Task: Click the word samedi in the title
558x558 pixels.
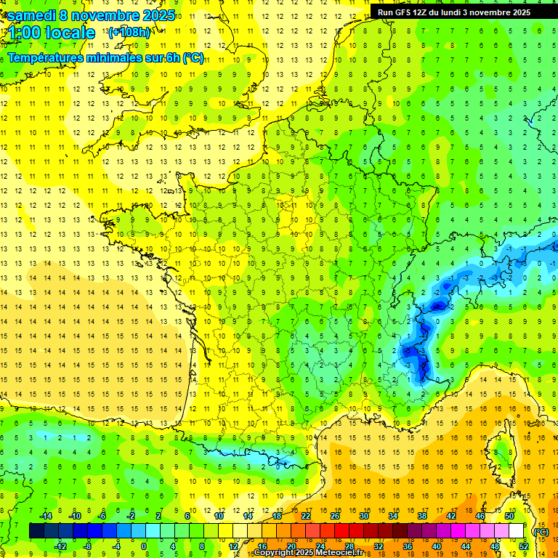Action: [33, 15]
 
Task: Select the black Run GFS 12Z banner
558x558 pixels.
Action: [454, 12]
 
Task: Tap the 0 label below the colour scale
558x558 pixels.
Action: [143, 546]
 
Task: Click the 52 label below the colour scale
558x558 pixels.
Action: [523, 546]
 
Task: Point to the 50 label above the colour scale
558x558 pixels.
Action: [509, 516]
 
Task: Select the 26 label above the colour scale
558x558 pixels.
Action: [335, 516]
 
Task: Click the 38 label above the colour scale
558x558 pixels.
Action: [421, 516]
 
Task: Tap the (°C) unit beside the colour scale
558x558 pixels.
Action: [541, 531]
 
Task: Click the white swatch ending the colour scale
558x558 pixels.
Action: [516, 531]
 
